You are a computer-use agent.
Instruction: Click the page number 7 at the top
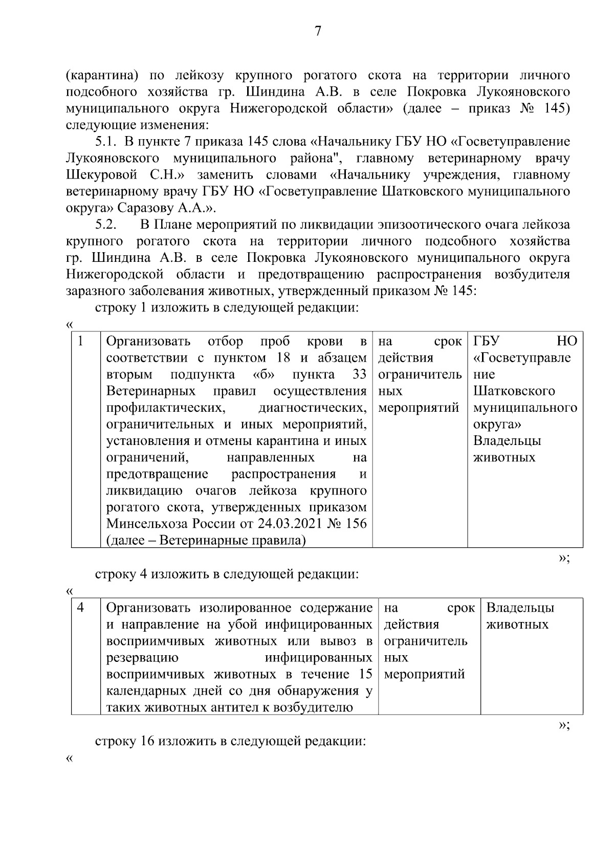pos(318,31)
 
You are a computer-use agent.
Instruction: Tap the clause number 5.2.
pos(106,224)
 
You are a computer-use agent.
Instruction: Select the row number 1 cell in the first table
pos(81,341)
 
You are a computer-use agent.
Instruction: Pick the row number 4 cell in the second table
pos(81,608)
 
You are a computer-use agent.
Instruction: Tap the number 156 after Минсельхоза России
pos(356,524)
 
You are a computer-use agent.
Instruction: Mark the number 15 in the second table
pos(365,674)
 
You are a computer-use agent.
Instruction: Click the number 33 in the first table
pos(360,374)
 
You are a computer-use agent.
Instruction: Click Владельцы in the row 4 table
pos(520,608)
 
